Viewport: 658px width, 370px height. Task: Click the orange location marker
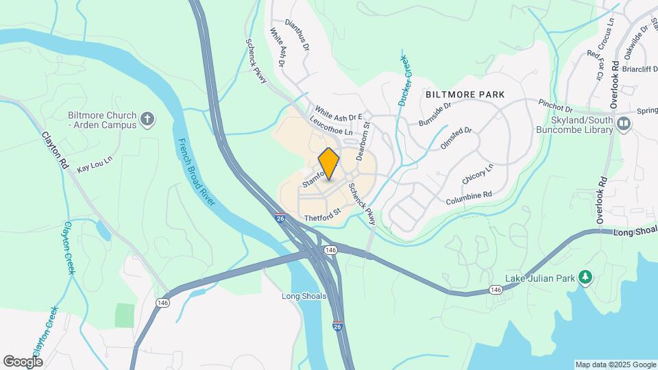[x=329, y=164]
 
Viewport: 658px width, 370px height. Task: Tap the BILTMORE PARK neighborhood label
[x=465, y=94]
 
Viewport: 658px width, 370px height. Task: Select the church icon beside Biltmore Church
[x=147, y=121]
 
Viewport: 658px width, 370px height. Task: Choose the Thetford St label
[x=322, y=217]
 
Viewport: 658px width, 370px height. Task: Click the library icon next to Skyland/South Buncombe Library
[x=624, y=123]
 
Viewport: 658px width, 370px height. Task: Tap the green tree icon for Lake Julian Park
[x=585, y=277]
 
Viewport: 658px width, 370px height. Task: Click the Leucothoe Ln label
[x=330, y=125]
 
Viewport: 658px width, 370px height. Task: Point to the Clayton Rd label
[x=56, y=151]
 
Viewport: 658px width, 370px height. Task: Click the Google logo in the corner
[x=23, y=361]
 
